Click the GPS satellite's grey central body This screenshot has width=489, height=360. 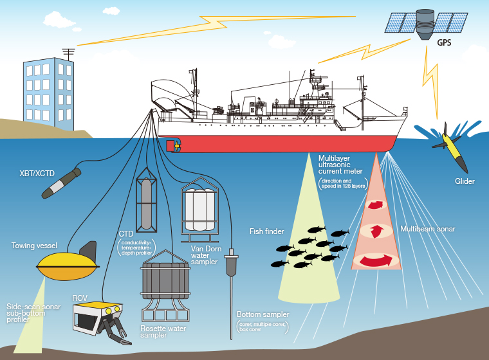click(x=425, y=22)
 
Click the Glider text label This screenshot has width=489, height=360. click(x=464, y=181)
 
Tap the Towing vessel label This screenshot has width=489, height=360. click(x=35, y=245)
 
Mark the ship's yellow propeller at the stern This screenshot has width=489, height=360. click(x=171, y=145)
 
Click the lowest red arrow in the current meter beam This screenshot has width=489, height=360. click(x=376, y=260)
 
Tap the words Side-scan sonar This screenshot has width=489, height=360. click(x=33, y=307)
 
